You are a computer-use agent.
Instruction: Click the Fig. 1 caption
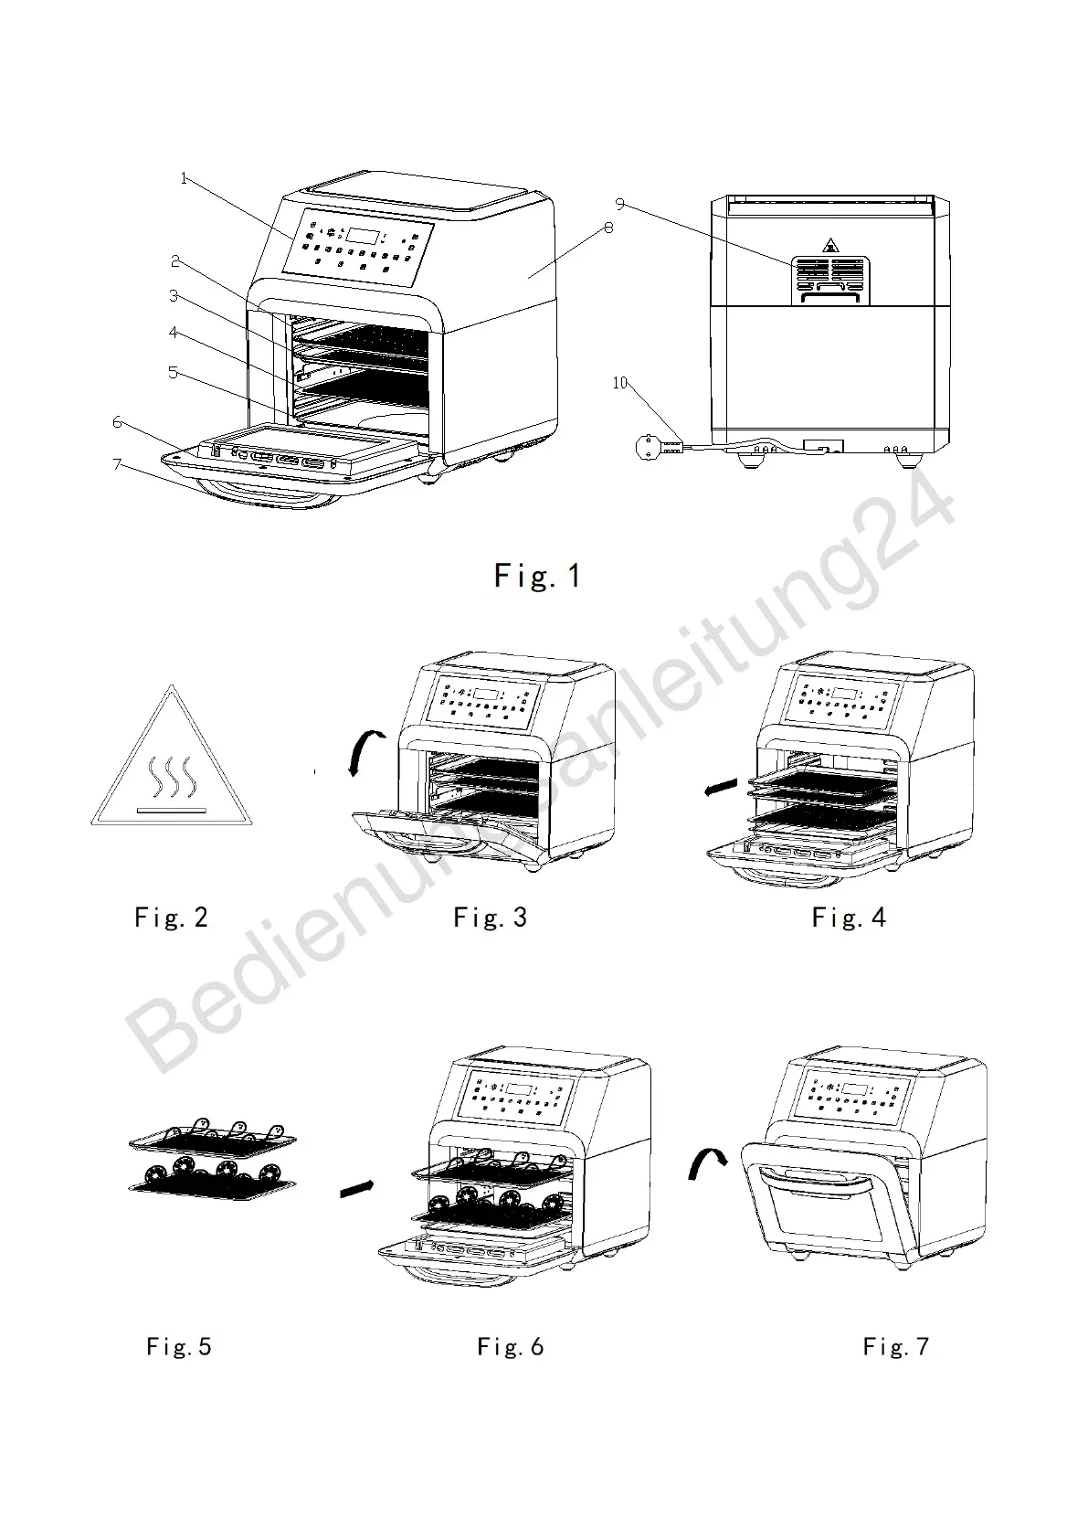tap(537, 576)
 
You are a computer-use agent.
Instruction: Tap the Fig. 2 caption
tap(171, 917)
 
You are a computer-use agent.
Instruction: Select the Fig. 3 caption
tap(491, 917)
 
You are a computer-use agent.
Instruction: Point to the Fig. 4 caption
tap(849, 917)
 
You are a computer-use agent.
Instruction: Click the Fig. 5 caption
tap(179, 1346)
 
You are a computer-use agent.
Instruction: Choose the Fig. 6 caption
tap(511, 1346)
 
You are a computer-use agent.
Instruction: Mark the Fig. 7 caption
tap(896, 1346)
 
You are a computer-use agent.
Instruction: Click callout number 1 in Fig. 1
tap(184, 178)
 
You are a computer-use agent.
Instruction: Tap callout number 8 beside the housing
tap(608, 228)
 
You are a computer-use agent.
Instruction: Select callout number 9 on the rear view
tap(619, 203)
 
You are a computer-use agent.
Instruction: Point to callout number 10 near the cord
tap(620, 383)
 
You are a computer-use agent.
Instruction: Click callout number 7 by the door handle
tap(116, 464)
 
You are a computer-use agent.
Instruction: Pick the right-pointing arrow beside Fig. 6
tap(356, 1189)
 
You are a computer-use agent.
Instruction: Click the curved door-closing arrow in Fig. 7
tap(705, 1164)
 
